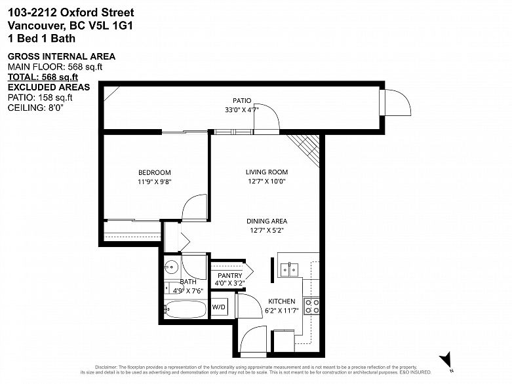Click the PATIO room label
pyautogui.click(x=242, y=100)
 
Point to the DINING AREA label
pyautogui.click(x=267, y=221)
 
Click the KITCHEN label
pyautogui.click(x=281, y=301)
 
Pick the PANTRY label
pyautogui.click(x=229, y=275)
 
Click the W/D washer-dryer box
pyautogui.click(x=219, y=307)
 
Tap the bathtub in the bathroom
pyautogui.click(x=184, y=309)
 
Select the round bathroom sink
pyautogui.click(x=172, y=267)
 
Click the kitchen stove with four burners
pyautogui.click(x=311, y=305)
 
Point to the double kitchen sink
pyautogui.click(x=289, y=268)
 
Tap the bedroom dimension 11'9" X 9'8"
pyautogui.click(x=155, y=182)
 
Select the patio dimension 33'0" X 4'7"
pyautogui.click(x=242, y=110)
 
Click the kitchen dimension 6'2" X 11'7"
pyautogui.click(x=281, y=311)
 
